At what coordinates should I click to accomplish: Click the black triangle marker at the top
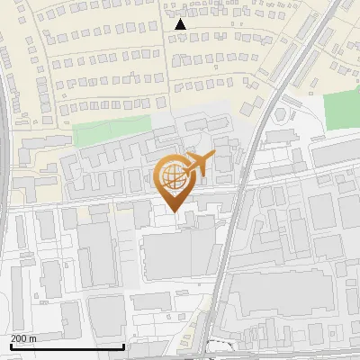[x=180, y=24]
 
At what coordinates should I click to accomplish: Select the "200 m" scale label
[x=23, y=338]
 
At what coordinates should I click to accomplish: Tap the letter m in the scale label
[x=33, y=338]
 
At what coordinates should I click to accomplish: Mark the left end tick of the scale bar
[x=10, y=345]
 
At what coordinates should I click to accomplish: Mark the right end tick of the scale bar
[x=123, y=345]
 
